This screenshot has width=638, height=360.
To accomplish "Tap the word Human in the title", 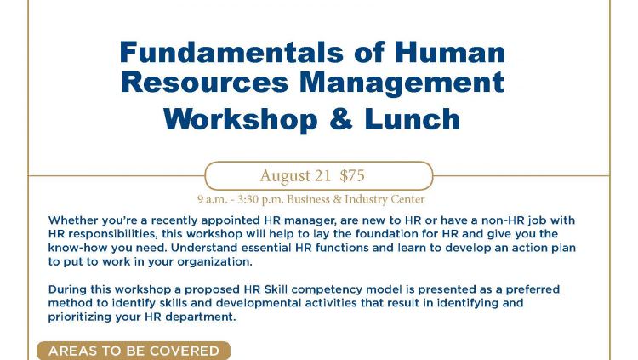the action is (450, 53).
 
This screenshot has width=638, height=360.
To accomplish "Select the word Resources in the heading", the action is (205, 83).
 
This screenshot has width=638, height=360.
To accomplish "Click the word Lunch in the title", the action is (412, 119).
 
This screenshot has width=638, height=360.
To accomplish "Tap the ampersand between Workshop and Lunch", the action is (341, 119).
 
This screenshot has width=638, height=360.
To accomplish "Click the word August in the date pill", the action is (285, 176).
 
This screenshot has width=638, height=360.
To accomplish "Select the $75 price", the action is (352, 175).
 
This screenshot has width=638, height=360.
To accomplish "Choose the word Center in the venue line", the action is (407, 199).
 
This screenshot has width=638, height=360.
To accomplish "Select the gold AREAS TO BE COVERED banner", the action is (134, 351).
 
